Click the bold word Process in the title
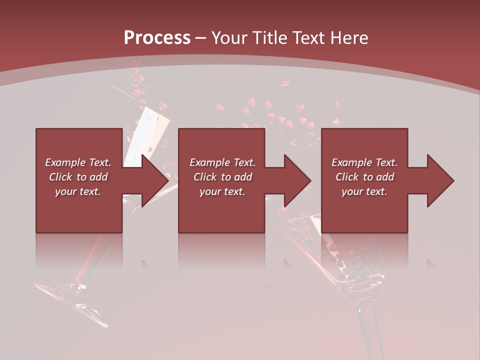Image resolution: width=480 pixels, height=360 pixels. point(157,38)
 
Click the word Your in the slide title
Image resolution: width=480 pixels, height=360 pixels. point(230,38)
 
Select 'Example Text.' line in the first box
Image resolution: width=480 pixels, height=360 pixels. point(78,162)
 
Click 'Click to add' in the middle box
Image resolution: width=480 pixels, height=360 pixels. point(222,177)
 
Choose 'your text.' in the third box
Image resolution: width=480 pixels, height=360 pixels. point(364,191)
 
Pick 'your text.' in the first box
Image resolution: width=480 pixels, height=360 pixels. point(78,191)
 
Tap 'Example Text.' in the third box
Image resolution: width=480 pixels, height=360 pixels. point(364,162)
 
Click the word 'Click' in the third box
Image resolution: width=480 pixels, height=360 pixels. point(347,177)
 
